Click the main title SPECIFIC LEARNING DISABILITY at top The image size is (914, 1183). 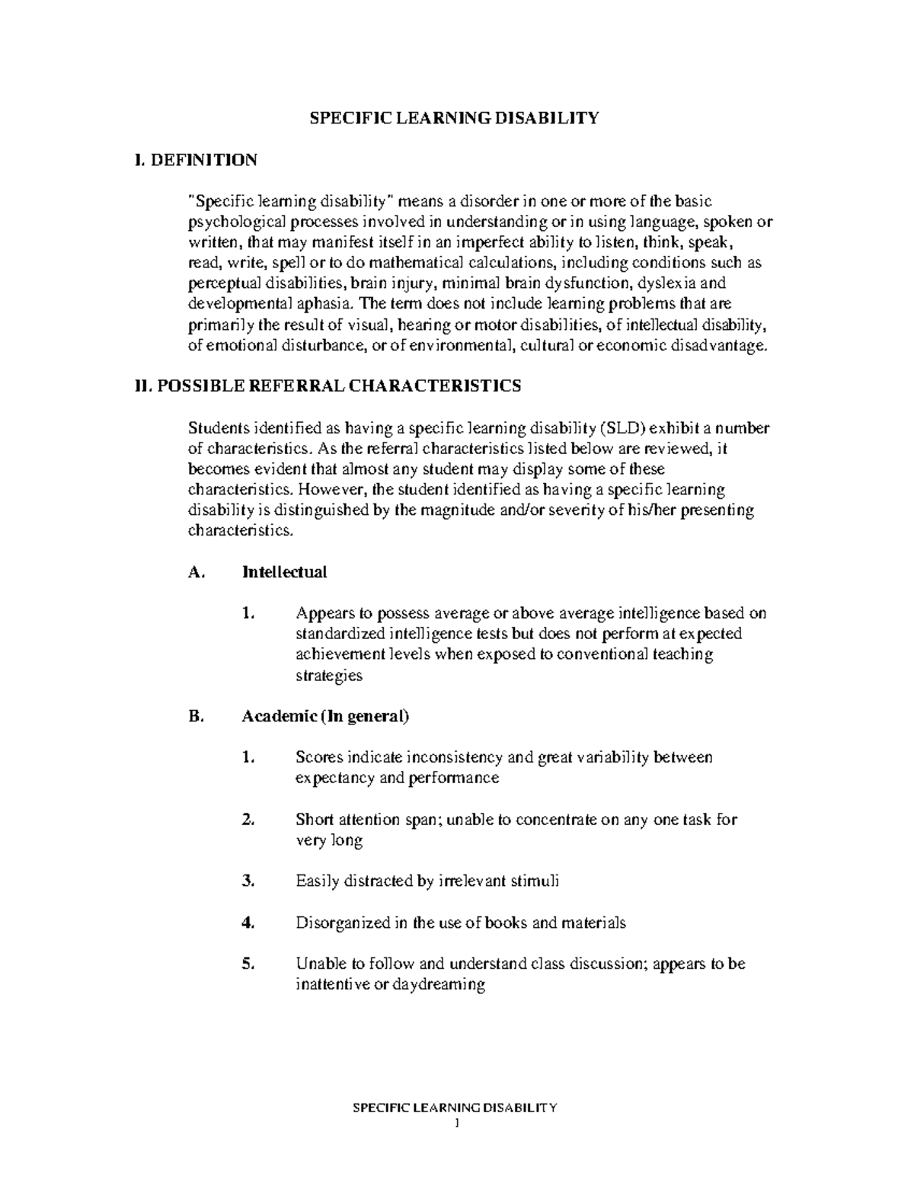(x=453, y=118)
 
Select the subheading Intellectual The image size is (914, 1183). (x=284, y=572)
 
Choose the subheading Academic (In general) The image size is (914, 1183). (x=325, y=717)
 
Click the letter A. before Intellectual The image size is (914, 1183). (x=196, y=572)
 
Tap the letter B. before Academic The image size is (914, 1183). (x=196, y=717)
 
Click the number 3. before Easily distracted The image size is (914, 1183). (x=247, y=881)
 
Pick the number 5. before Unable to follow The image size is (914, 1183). (x=247, y=964)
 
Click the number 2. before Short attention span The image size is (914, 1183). (x=247, y=820)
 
